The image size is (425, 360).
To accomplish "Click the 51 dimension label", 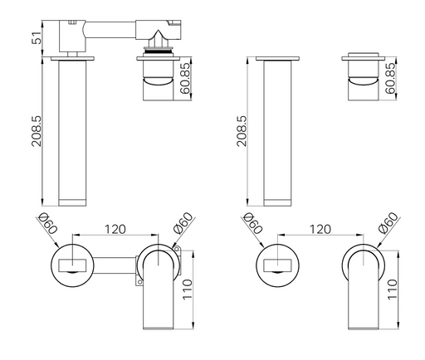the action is (x=37, y=37).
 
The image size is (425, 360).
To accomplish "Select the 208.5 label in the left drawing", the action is (x=37, y=131).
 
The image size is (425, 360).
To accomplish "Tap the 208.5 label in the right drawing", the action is (x=242, y=131).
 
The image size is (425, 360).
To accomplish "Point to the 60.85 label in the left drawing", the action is (x=185, y=78).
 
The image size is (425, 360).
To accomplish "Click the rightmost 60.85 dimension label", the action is (x=390, y=78).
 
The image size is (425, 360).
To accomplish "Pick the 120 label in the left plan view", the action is (x=115, y=229).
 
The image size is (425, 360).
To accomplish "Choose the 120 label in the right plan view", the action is (x=320, y=229).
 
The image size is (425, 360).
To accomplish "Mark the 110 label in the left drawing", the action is (x=188, y=289).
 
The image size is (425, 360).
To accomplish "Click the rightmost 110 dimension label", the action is (x=393, y=289).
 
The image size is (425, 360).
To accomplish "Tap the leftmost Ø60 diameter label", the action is (x=47, y=223).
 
